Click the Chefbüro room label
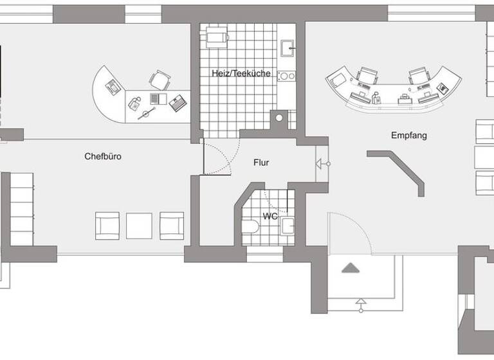103,156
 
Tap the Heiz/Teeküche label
241,74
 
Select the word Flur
261,163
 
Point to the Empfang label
408,136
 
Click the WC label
270,217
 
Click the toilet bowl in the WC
252,225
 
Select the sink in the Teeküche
288,47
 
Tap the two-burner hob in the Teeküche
286,76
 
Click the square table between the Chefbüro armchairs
138,225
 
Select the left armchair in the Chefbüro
108,225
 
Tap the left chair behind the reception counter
368,76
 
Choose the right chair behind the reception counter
419,76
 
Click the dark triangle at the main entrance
349,269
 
